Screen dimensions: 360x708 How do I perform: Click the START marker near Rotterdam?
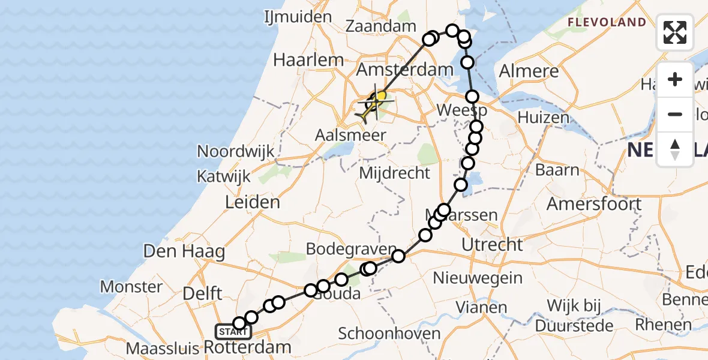[232, 331]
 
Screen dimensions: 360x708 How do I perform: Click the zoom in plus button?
[675, 79]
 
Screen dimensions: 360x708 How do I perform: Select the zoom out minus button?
[675, 115]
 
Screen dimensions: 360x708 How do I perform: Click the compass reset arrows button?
[675, 149]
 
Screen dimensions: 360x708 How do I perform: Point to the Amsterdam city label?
[405, 70]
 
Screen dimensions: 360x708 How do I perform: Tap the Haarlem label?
[308, 60]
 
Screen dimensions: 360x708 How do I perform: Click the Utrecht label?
[493, 245]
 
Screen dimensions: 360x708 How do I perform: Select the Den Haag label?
[184, 251]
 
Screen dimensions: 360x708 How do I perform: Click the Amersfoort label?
[594, 204]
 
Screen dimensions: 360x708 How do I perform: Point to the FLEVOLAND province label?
[607, 23]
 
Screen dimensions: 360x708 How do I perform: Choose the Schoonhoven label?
[389, 334]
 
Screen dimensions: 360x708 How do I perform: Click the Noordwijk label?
[235, 151]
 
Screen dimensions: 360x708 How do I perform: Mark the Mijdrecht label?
[394, 173]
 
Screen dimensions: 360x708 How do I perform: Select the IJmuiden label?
[298, 17]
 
